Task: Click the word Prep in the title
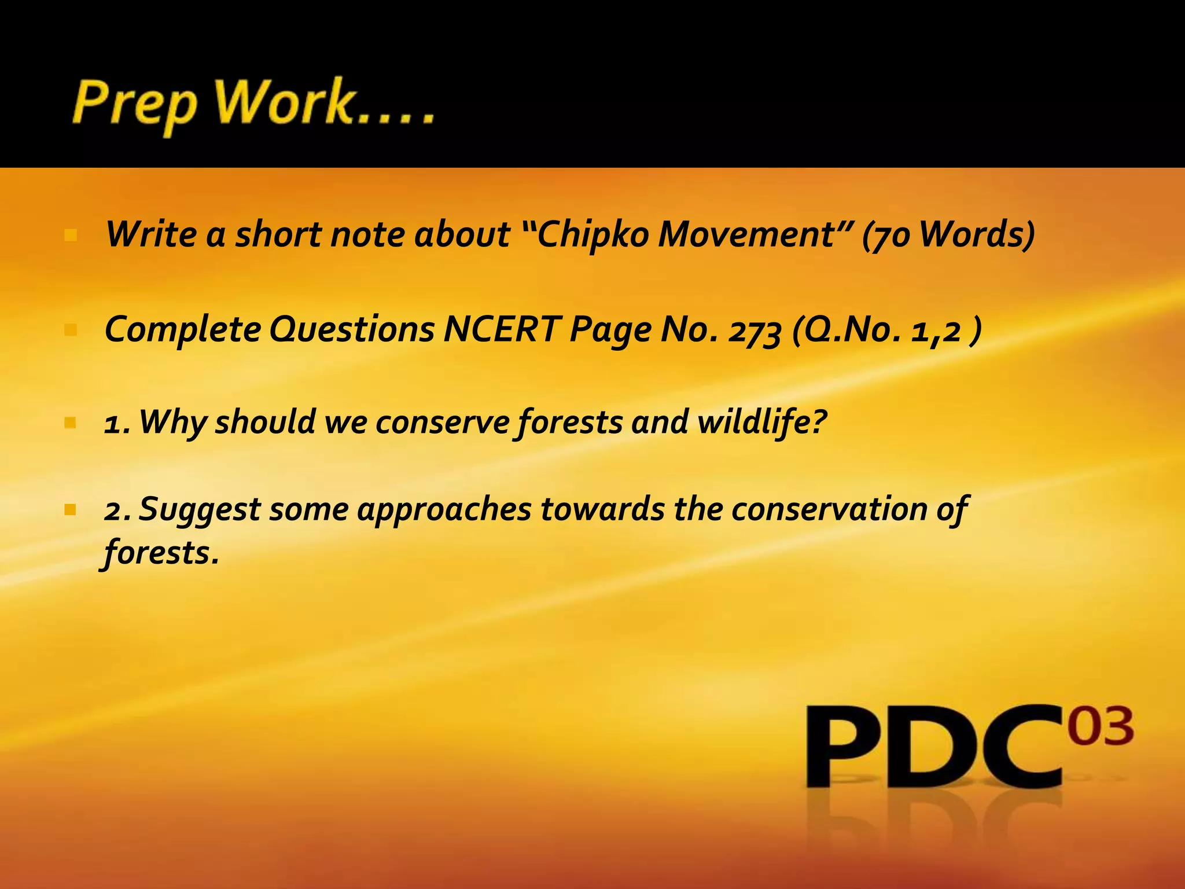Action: [x=134, y=106]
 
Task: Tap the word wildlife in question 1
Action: [x=761, y=421]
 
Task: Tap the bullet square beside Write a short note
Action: [x=71, y=236]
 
